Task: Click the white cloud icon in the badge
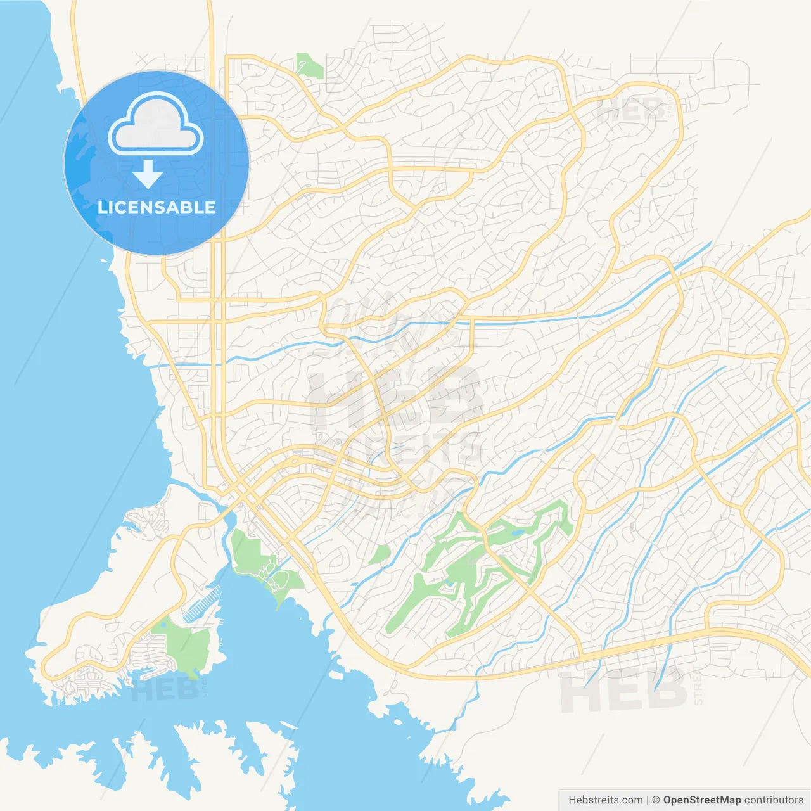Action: (156, 126)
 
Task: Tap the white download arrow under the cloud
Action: (148, 174)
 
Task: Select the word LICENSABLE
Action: (156, 207)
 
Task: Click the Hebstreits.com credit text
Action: (605, 800)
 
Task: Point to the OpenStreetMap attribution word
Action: (701, 800)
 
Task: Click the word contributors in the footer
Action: (774, 800)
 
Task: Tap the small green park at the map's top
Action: (309, 66)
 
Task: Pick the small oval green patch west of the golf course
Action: (380, 554)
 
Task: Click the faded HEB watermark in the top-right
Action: (631, 111)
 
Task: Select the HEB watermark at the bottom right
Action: (623, 691)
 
